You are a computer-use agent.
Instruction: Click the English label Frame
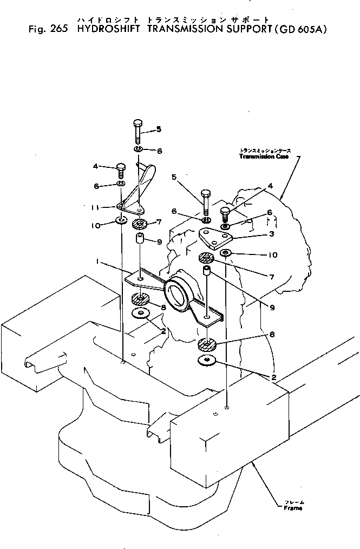click(293, 508)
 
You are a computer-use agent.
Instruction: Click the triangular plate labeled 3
click(215, 237)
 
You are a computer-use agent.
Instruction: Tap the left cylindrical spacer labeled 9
click(139, 239)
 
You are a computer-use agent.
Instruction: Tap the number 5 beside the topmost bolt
click(159, 129)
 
